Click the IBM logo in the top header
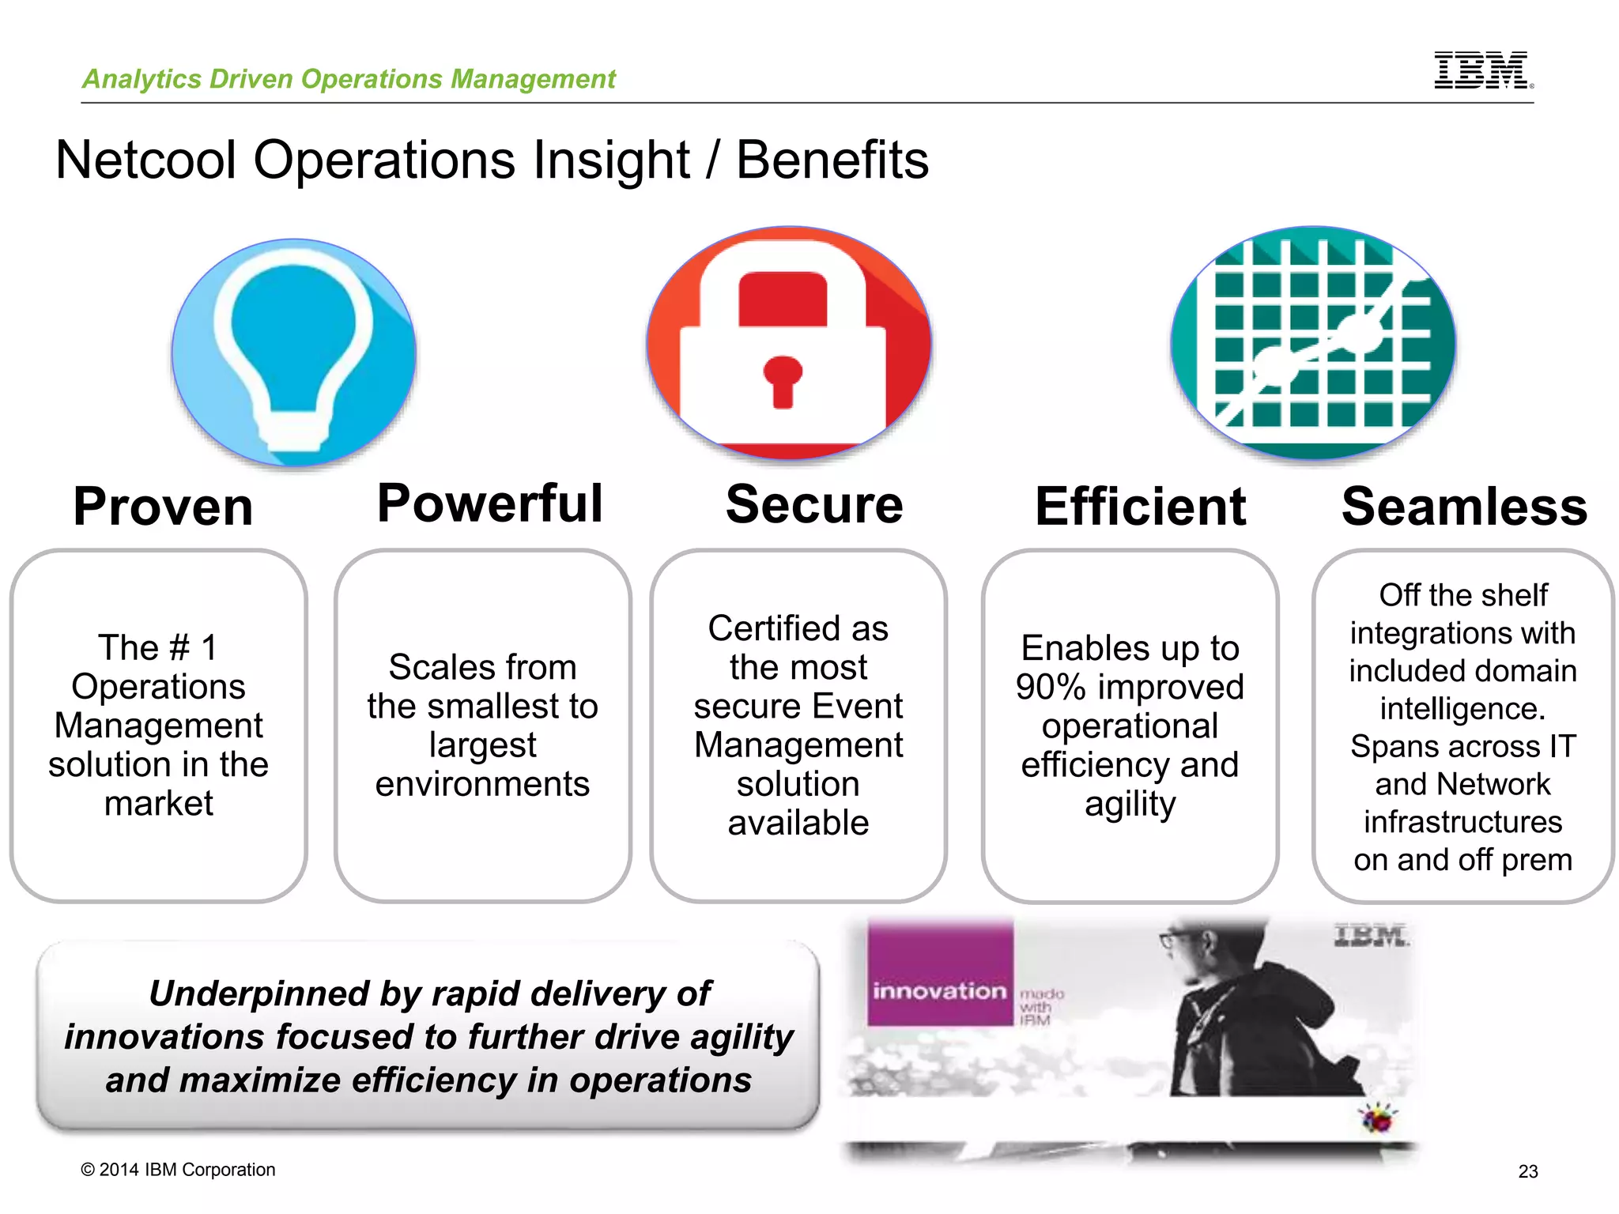(1482, 70)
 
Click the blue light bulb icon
(294, 352)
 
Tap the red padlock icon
(789, 344)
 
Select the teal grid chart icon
(1313, 344)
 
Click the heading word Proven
(163, 507)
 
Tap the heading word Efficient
(1140, 507)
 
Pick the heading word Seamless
(1464, 507)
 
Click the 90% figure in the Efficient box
(1050, 687)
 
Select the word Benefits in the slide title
(832, 160)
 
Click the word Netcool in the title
(146, 160)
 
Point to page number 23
(1527, 1171)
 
